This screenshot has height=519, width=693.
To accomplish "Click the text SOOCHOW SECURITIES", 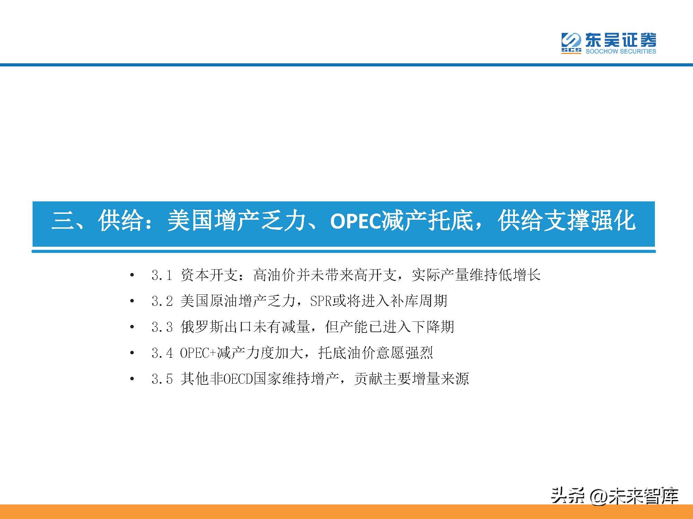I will [621, 51].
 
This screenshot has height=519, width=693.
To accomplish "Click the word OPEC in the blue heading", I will [356, 221].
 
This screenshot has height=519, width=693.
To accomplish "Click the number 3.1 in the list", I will [162, 275].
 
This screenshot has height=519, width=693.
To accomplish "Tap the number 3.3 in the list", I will [162, 327].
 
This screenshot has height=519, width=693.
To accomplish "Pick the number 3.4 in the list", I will [162, 353].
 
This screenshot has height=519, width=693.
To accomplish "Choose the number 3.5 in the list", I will [162, 379].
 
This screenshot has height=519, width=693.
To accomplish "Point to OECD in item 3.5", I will [237, 379].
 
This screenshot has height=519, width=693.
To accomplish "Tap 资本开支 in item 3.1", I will [209, 275].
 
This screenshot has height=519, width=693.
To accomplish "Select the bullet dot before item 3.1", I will [132, 276].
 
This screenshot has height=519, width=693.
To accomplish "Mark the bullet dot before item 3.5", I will [132, 379].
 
